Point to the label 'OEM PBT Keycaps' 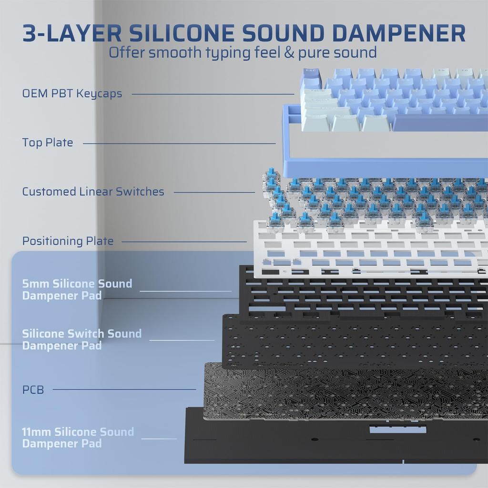(x=72, y=93)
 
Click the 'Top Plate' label (x=48, y=142)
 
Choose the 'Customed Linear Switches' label (x=93, y=192)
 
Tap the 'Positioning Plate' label (x=68, y=241)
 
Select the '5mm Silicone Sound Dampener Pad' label (x=77, y=289)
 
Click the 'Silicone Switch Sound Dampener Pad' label (x=81, y=339)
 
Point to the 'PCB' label (x=33, y=390)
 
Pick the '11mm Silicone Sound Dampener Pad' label (x=78, y=437)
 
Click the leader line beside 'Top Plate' (x=179, y=143)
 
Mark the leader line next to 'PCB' (x=124, y=389)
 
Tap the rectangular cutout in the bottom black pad (x=397, y=429)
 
